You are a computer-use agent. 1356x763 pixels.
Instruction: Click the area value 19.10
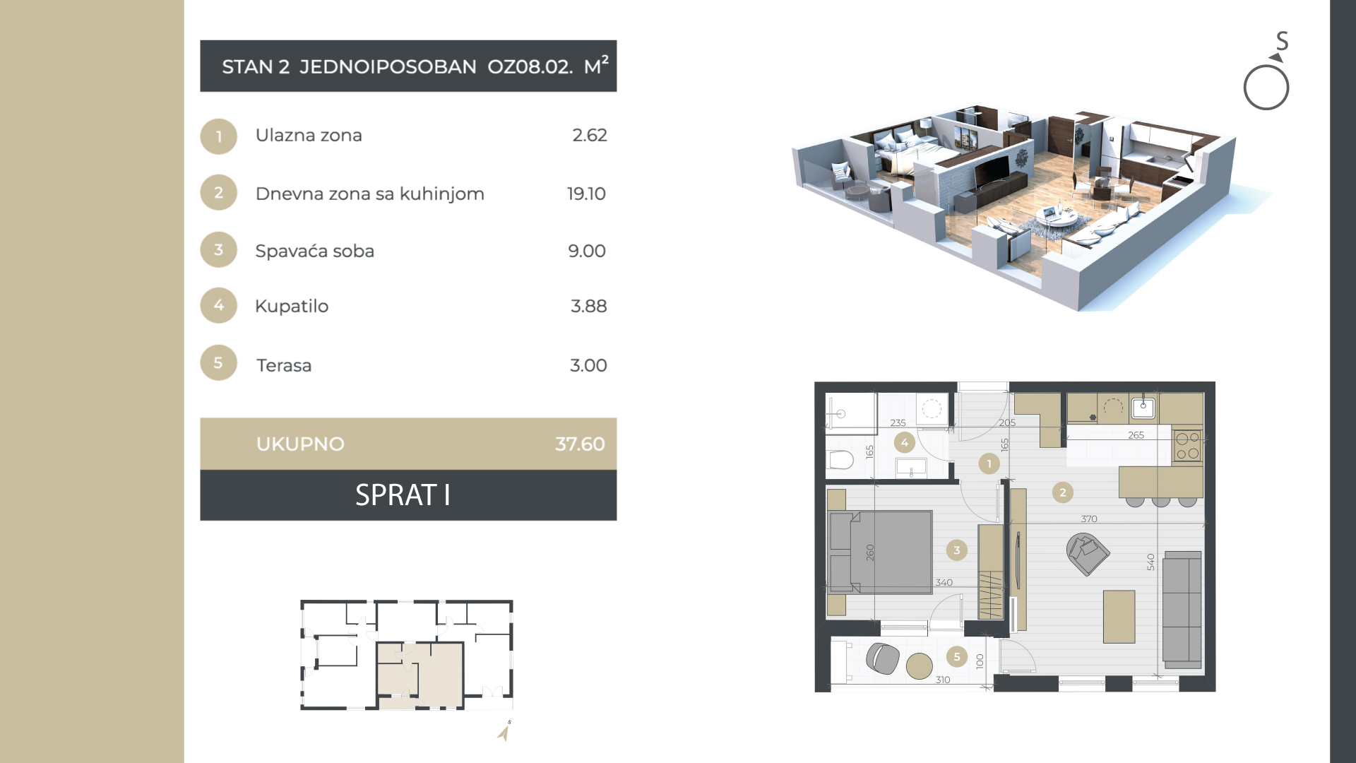coord(586,194)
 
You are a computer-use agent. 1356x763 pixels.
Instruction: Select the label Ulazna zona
coord(309,135)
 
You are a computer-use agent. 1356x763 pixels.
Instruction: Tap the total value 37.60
coord(580,444)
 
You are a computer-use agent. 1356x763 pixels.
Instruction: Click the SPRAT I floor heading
coord(403,495)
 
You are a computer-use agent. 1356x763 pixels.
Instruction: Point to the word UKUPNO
coord(300,444)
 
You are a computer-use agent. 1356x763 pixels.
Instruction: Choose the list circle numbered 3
coord(218,249)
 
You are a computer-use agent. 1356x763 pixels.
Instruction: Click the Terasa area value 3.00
coord(588,365)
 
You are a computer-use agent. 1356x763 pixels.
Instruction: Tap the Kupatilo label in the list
coord(292,306)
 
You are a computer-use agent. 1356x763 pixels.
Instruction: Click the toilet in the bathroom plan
coord(840,460)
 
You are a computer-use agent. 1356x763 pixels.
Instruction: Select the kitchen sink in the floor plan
coord(1143,408)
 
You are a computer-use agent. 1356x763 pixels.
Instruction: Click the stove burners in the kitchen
coord(1188,446)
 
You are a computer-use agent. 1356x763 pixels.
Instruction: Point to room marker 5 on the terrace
coord(957,656)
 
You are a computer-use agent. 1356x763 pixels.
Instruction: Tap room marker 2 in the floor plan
coord(1063,492)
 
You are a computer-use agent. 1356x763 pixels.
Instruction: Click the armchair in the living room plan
coord(1088,554)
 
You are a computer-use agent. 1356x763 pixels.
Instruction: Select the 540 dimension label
coord(1150,562)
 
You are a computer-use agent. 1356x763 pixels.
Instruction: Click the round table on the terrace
coord(920,666)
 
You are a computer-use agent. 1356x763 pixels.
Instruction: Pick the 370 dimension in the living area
coord(1089,519)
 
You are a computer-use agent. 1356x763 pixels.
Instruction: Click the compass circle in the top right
coord(1266,88)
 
